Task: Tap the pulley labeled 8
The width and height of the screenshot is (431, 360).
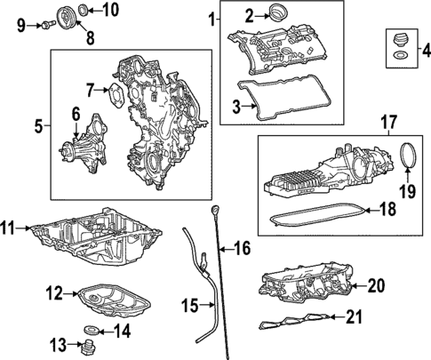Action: [x=63, y=17]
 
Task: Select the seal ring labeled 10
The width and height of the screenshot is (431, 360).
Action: [x=84, y=11]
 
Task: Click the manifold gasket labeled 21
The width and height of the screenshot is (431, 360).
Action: [x=298, y=322]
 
